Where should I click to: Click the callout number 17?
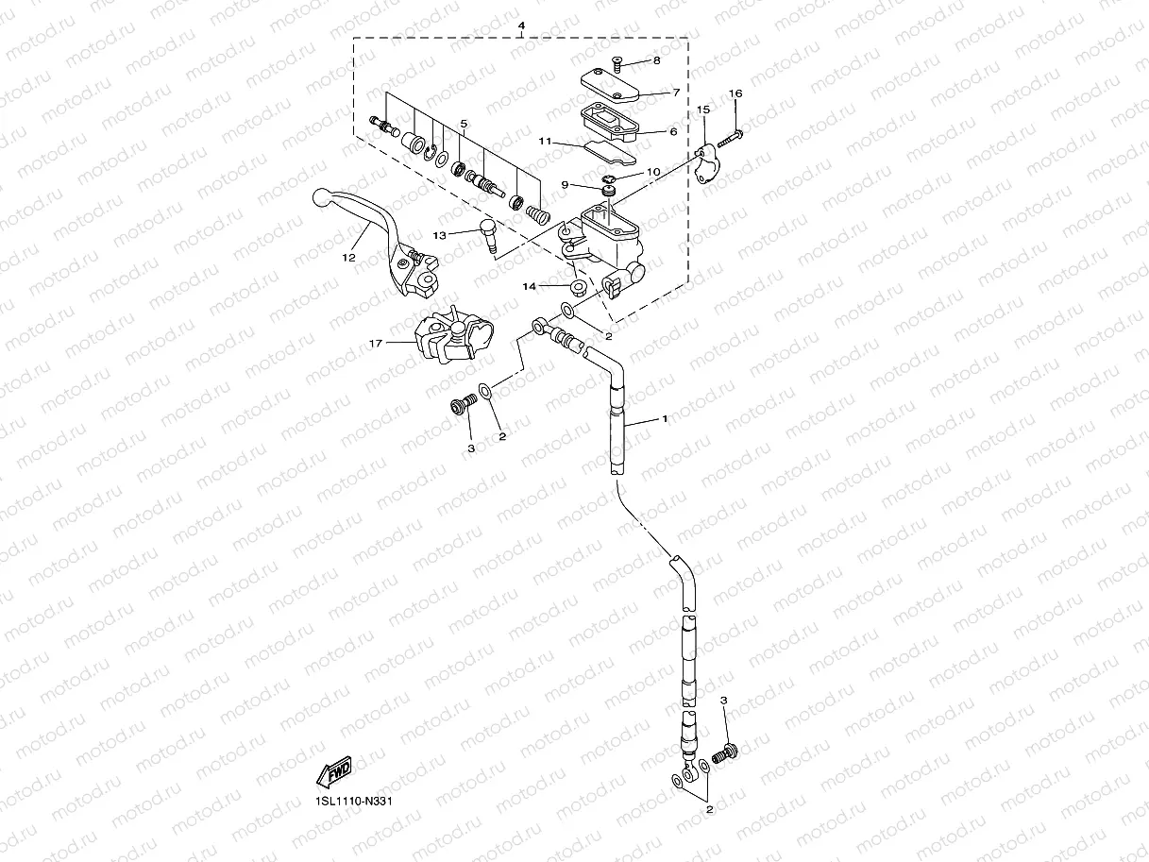376,344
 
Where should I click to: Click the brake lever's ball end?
321,198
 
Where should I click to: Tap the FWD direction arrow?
334,774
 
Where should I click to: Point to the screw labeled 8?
615,64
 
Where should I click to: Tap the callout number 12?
347,258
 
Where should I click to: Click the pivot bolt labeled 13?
491,232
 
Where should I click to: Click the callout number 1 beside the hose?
665,417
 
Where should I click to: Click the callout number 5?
464,124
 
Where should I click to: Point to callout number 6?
673,132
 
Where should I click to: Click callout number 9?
565,185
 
